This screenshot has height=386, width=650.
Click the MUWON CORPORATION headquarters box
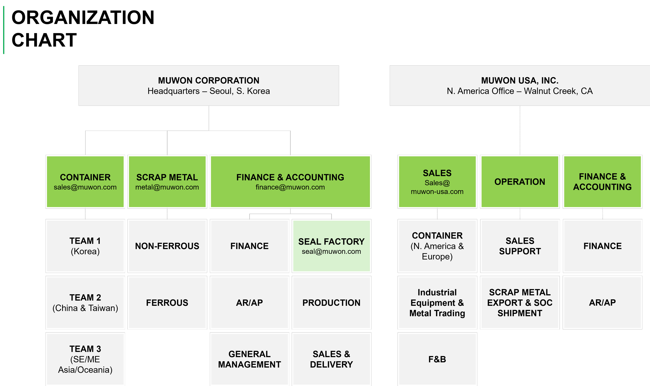point(209,85)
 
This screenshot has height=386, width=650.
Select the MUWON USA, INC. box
point(519,85)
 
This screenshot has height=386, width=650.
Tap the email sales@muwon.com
point(85,187)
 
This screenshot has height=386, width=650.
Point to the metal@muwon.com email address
point(167,187)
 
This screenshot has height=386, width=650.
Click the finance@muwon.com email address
point(290,187)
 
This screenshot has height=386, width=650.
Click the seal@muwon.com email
point(331,252)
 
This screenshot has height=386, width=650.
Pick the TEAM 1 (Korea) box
point(85,246)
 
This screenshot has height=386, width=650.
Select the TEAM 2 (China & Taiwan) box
point(85,303)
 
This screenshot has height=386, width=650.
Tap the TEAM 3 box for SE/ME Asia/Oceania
point(85,359)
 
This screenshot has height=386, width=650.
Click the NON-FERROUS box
point(167,246)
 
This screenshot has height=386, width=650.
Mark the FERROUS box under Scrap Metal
point(167,303)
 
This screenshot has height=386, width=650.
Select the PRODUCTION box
point(331,303)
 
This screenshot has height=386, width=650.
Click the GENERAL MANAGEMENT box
point(249,359)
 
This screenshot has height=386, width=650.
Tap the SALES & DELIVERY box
point(331,359)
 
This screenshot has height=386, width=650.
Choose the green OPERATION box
point(519,182)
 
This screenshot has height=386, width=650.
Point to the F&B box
point(437,359)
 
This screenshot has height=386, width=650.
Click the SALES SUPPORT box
point(519,246)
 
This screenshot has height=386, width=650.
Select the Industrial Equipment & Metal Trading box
point(437,303)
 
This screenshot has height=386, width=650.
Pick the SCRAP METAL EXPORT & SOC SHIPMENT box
point(519,303)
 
